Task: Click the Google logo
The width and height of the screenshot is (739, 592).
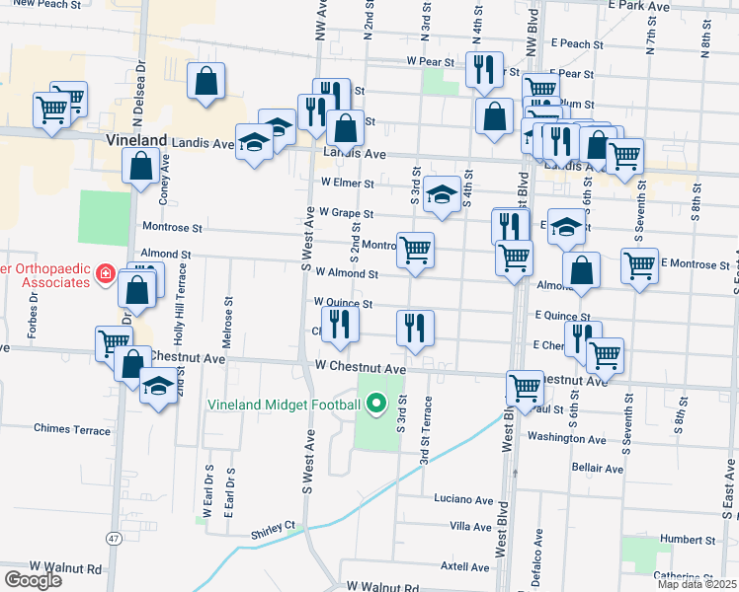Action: point(33,580)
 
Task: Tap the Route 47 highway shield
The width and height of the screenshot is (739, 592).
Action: point(116,538)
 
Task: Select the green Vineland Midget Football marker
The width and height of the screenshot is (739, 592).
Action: point(375,404)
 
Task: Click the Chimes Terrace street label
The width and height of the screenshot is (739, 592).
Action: point(72,429)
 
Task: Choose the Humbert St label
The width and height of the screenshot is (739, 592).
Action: point(688,540)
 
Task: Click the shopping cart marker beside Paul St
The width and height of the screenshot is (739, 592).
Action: point(524,386)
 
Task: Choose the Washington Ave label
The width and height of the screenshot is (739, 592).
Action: point(566,437)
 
